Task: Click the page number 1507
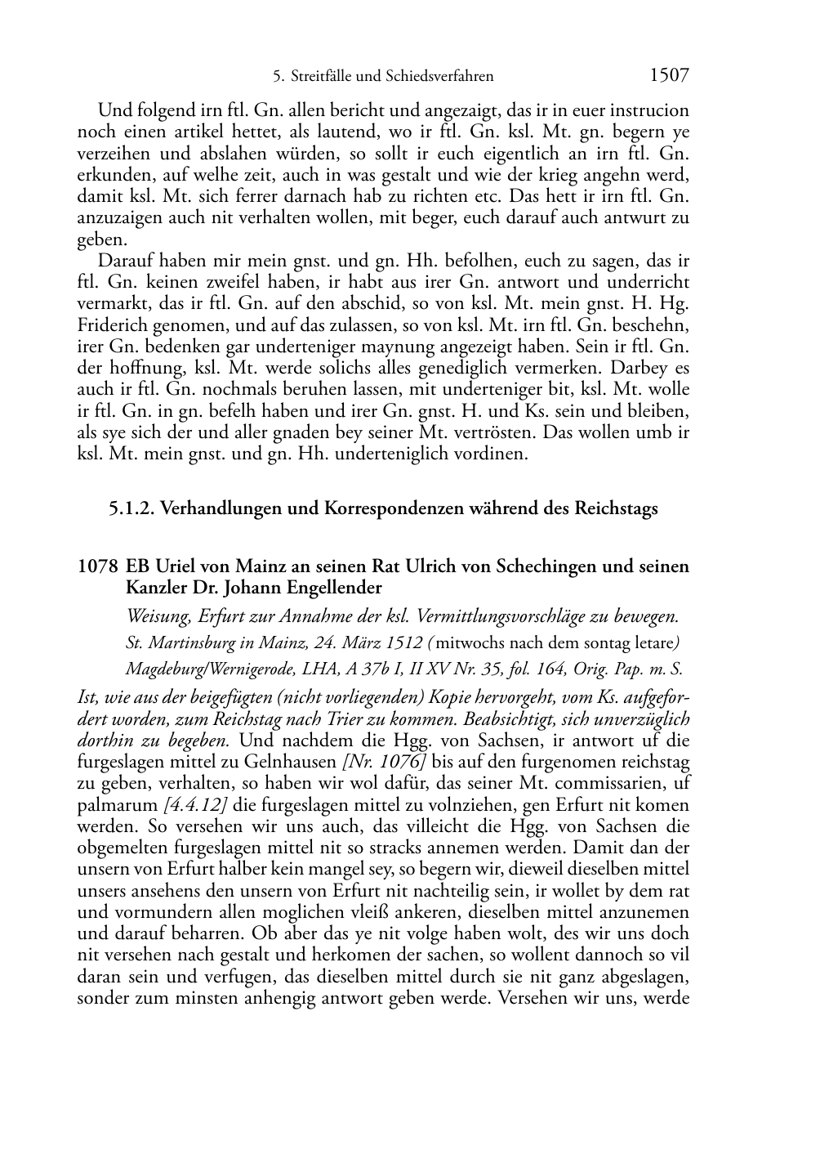669,76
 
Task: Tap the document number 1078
97,566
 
